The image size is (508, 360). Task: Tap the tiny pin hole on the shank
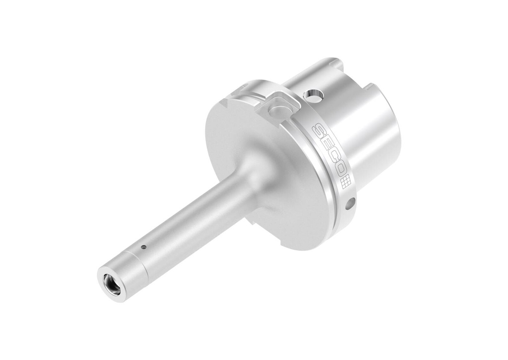pos(143,246)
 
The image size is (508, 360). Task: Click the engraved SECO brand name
pos(328,152)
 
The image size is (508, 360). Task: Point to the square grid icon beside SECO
pos(346,181)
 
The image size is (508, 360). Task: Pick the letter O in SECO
pos(340,169)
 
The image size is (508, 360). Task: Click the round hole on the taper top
pos(313,95)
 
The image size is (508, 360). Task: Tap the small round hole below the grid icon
pos(350,203)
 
